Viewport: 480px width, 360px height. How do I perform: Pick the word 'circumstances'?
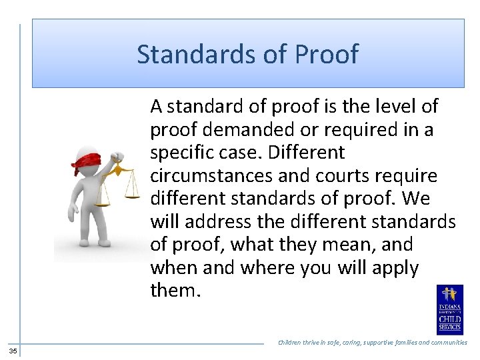pyautogui.click(x=211, y=176)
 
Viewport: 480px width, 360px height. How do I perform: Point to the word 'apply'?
pyautogui.click(x=396, y=269)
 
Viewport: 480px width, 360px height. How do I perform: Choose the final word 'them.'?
pyautogui.click(x=175, y=291)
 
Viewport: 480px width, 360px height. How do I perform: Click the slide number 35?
pyautogui.click(x=13, y=351)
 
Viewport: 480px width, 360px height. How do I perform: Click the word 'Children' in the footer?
pyautogui.click(x=290, y=343)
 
